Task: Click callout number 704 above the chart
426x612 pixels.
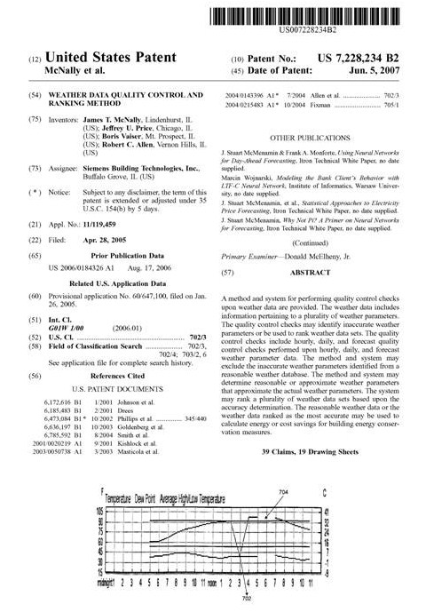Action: pos(283,491)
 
